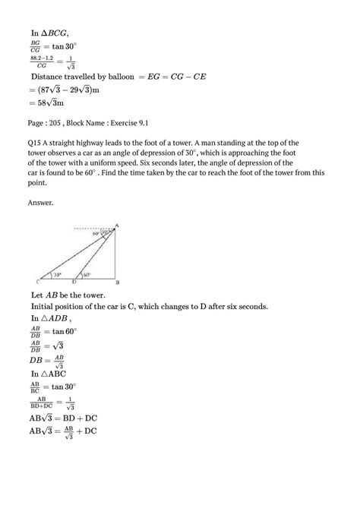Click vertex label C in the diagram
pyautogui.click(x=37, y=282)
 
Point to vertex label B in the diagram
pyautogui.click(x=116, y=283)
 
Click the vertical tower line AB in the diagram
pyautogui.click(x=115, y=254)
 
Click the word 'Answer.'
pyautogui.click(x=43, y=202)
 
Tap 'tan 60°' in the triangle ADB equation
pyautogui.click(x=74, y=331)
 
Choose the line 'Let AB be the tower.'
pyautogui.click(x=75, y=295)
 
